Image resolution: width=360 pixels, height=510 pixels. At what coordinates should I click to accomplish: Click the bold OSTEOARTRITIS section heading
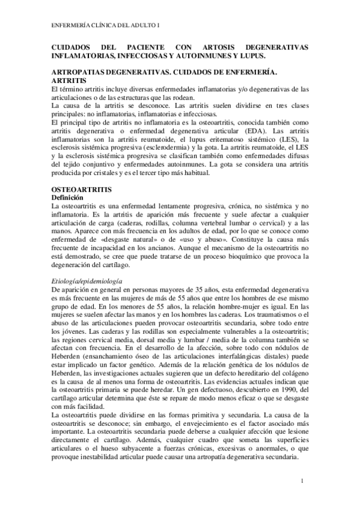(x=80, y=188)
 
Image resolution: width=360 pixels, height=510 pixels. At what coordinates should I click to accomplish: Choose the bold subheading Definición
(x=71, y=197)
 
